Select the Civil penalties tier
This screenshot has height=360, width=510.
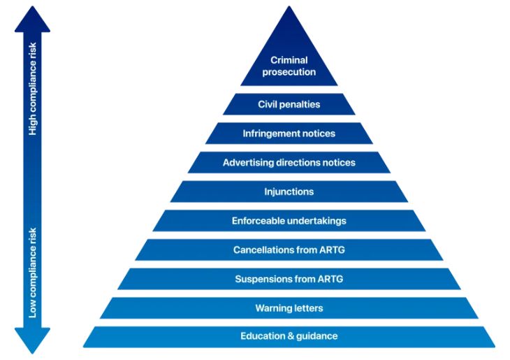[289, 104]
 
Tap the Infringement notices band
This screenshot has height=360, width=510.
[289, 134]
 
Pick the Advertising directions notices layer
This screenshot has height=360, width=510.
[289, 163]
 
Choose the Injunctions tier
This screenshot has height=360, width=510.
[289, 192]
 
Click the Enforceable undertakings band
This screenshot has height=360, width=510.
[289, 221]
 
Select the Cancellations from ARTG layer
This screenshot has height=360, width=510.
[289, 250]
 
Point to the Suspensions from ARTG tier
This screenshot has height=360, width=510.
[289, 279]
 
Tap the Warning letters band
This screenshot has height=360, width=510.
[289, 308]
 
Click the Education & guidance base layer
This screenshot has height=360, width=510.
[289, 336]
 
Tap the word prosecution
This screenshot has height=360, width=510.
[289, 72]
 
